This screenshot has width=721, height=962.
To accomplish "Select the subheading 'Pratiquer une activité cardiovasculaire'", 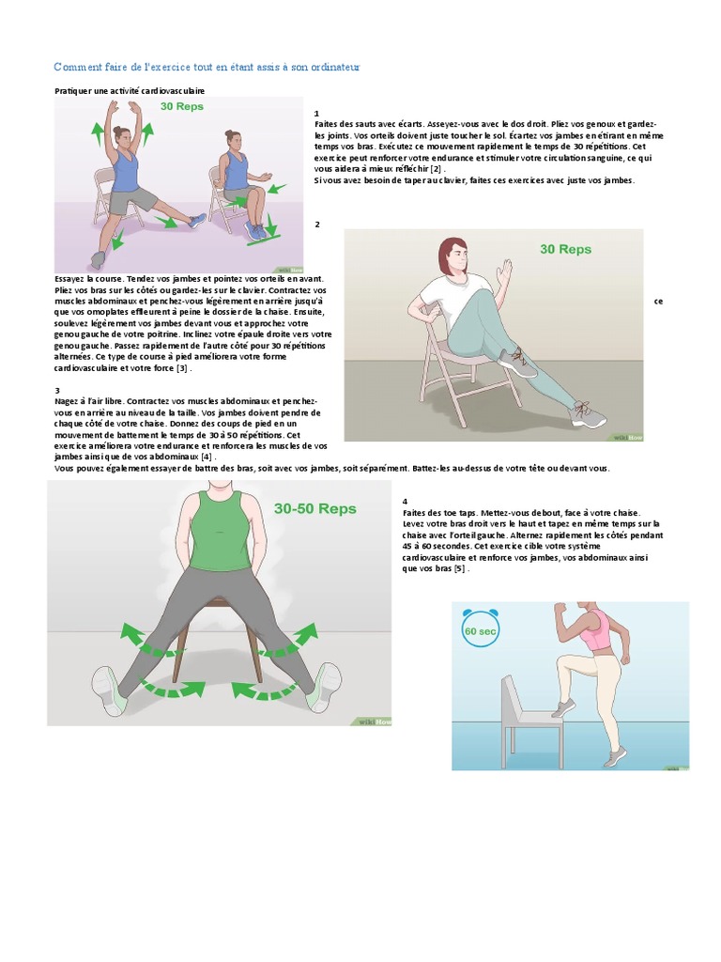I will click(x=130, y=90).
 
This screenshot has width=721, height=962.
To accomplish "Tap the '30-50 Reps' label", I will click(x=314, y=508).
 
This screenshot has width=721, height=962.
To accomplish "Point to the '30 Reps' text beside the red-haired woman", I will click(x=565, y=249).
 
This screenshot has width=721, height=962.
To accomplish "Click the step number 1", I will click(x=316, y=113).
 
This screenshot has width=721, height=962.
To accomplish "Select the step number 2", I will click(x=317, y=224).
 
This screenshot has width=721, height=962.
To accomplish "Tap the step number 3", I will click(x=57, y=390).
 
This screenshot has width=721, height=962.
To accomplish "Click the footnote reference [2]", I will click(x=436, y=169).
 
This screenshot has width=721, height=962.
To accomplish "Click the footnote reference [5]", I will click(x=459, y=568).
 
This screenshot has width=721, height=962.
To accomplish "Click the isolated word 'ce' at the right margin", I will click(x=658, y=302).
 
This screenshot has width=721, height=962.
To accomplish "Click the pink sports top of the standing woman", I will click(x=595, y=628).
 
